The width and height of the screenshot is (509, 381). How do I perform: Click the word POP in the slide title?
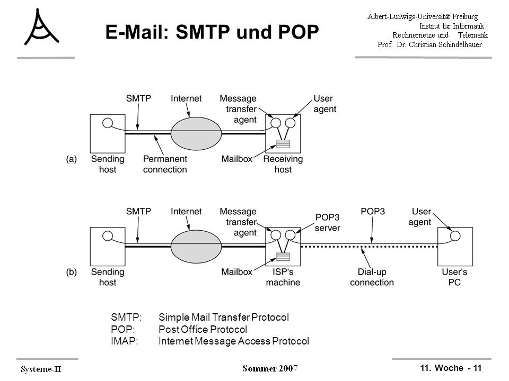coord(299,32)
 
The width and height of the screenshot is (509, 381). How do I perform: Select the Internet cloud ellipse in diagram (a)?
coord(196,133)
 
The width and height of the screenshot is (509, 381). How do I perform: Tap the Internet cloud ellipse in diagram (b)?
coord(196,247)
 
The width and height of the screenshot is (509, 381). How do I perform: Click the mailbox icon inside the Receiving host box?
coord(283,143)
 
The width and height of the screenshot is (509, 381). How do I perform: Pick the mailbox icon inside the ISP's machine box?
coord(283,257)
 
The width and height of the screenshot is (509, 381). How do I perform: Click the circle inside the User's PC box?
coord(455,236)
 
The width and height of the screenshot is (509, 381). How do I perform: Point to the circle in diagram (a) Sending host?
coord(108,123)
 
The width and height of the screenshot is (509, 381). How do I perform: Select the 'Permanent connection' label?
coord(165,164)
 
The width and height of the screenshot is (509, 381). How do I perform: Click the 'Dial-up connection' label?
coord(372,277)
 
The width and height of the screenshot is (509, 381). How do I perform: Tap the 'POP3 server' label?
coord(328,222)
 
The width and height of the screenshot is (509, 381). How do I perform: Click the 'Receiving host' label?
coord(283,164)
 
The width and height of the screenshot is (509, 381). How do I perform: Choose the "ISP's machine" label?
coord(283,277)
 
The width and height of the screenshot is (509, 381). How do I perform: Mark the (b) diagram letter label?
coord(72,272)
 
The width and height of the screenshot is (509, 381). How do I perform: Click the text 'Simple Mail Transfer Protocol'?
coord(224,317)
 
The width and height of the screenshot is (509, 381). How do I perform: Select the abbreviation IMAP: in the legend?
coord(124,341)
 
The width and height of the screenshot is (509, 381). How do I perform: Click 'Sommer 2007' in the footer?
coord(270,368)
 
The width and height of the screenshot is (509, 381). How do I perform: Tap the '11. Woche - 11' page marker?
coord(451,368)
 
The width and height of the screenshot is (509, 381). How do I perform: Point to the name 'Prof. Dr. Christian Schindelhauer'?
coord(429,44)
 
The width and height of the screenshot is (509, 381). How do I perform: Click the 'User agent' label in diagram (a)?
coord(324,104)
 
